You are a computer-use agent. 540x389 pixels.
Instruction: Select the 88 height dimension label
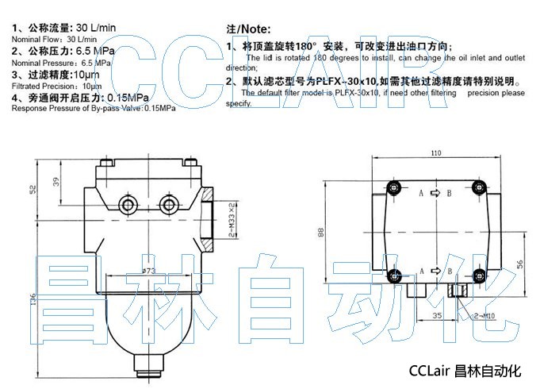[x=320, y=231]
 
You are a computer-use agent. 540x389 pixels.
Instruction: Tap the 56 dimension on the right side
[x=520, y=264]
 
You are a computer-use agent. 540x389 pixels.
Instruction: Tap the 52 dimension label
[x=33, y=189]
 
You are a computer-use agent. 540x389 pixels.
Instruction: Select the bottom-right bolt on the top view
[x=477, y=276]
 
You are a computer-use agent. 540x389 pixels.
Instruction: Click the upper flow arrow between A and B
[x=435, y=193]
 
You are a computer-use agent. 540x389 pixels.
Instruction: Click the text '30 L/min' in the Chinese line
[x=96, y=28]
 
